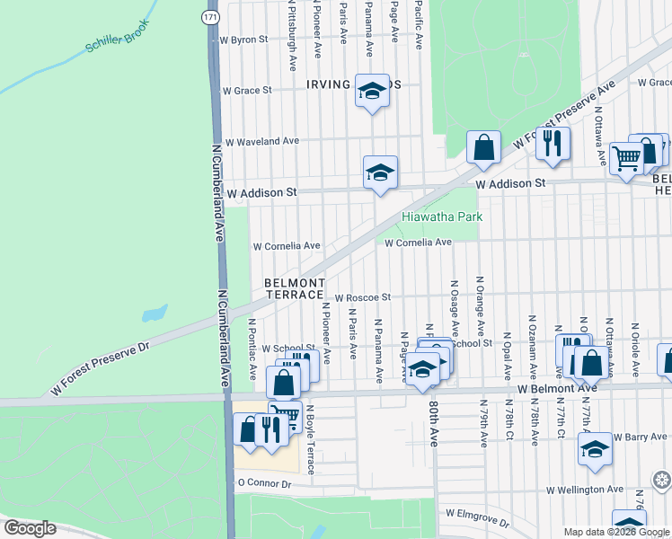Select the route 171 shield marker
[x=209, y=17]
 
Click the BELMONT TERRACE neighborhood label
[x=294, y=288]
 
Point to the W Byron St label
[x=244, y=40]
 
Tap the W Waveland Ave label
[x=261, y=141]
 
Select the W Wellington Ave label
[x=585, y=490]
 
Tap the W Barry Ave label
[x=641, y=437]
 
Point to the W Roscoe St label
[x=363, y=297]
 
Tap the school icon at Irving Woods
[x=371, y=90]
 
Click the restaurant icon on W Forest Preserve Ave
[x=553, y=142]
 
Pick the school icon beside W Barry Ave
[x=595, y=449]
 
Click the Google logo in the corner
[x=29, y=528]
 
